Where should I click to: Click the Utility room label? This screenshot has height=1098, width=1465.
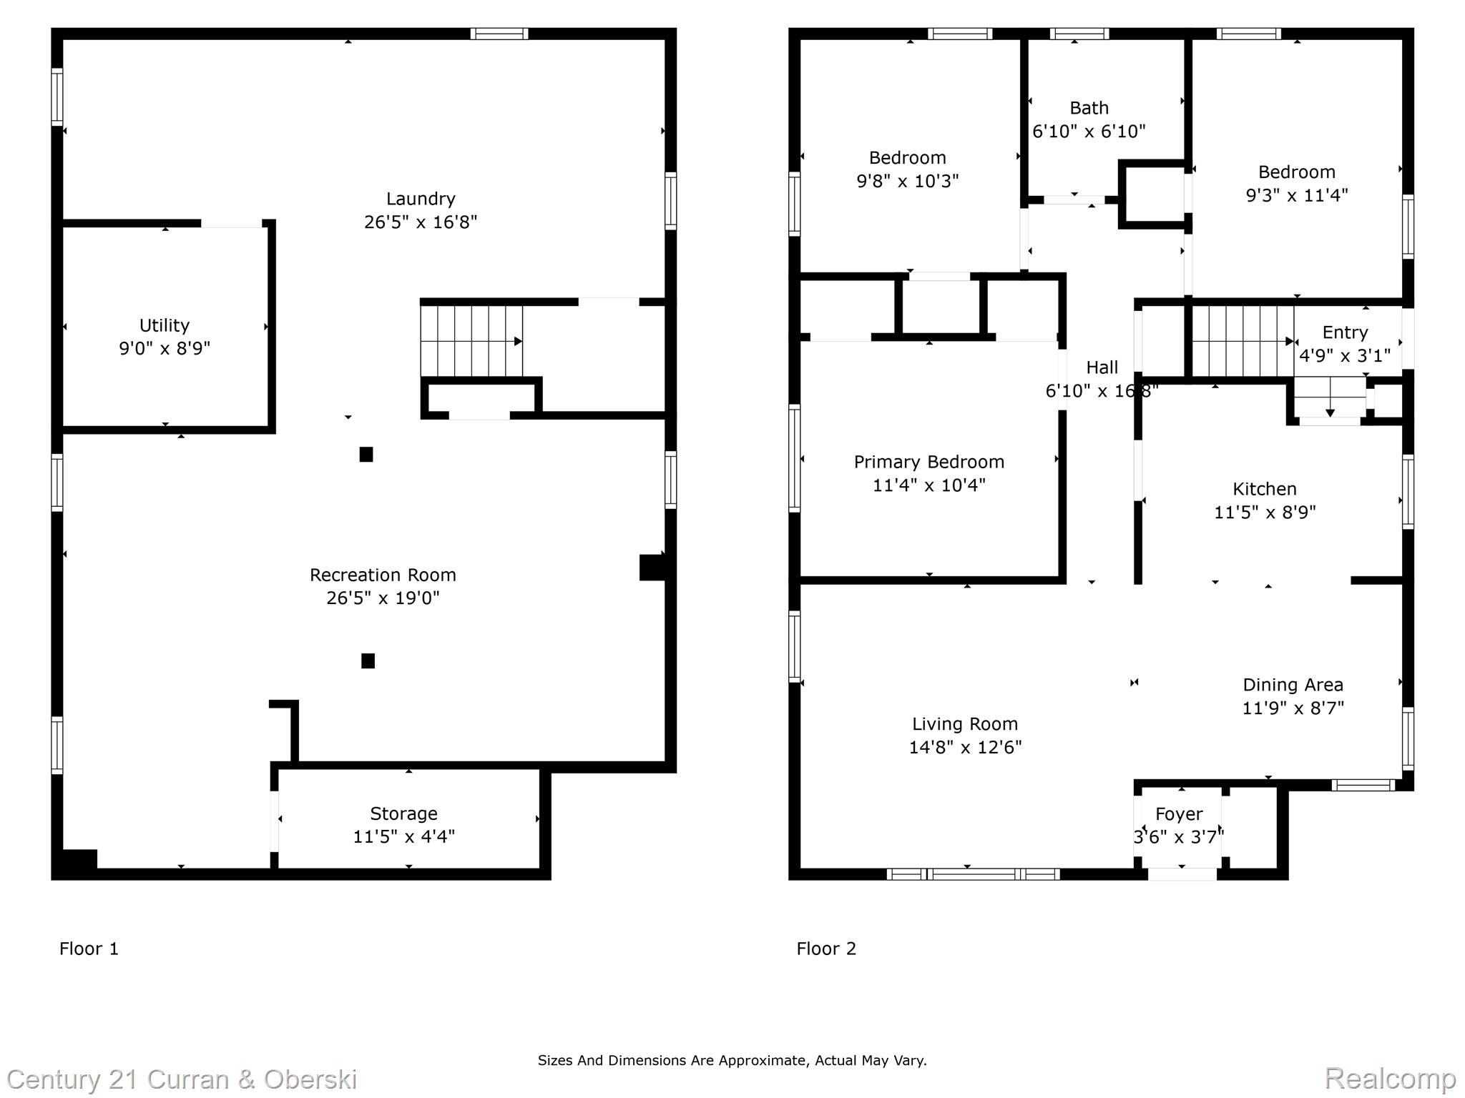[x=165, y=325]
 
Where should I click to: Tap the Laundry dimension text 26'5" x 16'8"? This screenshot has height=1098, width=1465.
[x=421, y=222]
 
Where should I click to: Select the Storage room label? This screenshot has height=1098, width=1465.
[x=403, y=813]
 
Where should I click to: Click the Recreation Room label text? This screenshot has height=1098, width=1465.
[x=383, y=575]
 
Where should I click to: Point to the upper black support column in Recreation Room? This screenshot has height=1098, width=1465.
[x=366, y=455]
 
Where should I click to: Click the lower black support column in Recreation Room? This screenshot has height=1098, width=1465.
[x=368, y=661]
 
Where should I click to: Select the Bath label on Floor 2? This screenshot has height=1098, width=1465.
[x=1089, y=108]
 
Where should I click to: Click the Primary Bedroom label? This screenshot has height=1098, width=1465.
[x=929, y=462]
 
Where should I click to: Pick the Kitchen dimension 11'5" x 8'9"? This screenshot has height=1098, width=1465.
[x=1265, y=513]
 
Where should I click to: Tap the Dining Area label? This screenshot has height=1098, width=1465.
[x=1293, y=685]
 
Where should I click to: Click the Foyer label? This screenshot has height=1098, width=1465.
[x=1179, y=814]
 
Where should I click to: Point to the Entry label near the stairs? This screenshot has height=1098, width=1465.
[x=1345, y=332]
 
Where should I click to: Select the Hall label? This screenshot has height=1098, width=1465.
[x=1102, y=367]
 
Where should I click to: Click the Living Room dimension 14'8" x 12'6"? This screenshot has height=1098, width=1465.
[x=965, y=747]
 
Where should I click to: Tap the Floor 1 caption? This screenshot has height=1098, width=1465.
[x=89, y=949]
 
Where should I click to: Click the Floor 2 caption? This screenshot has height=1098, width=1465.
[x=826, y=949]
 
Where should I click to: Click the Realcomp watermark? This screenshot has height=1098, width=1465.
[x=1390, y=1079]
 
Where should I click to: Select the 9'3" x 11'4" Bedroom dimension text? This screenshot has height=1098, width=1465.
[x=1296, y=195]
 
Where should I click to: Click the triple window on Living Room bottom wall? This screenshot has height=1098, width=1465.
[x=973, y=874]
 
